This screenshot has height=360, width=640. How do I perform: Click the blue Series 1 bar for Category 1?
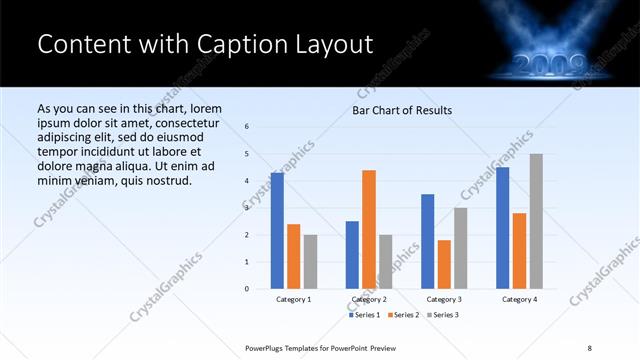(x=277, y=231)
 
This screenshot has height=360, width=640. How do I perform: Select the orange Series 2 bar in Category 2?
(x=369, y=229)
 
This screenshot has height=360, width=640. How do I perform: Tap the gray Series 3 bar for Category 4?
(x=536, y=221)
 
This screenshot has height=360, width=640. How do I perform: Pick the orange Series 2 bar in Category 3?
(x=444, y=264)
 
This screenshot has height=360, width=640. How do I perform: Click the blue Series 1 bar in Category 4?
(x=502, y=228)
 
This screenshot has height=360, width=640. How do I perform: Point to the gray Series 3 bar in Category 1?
(x=310, y=262)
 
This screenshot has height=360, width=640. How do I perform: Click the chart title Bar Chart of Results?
(x=402, y=110)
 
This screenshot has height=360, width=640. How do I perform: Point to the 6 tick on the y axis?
(x=247, y=126)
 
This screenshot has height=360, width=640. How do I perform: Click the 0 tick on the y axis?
(x=247, y=289)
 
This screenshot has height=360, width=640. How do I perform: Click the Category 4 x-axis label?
(x=519, y=299)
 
